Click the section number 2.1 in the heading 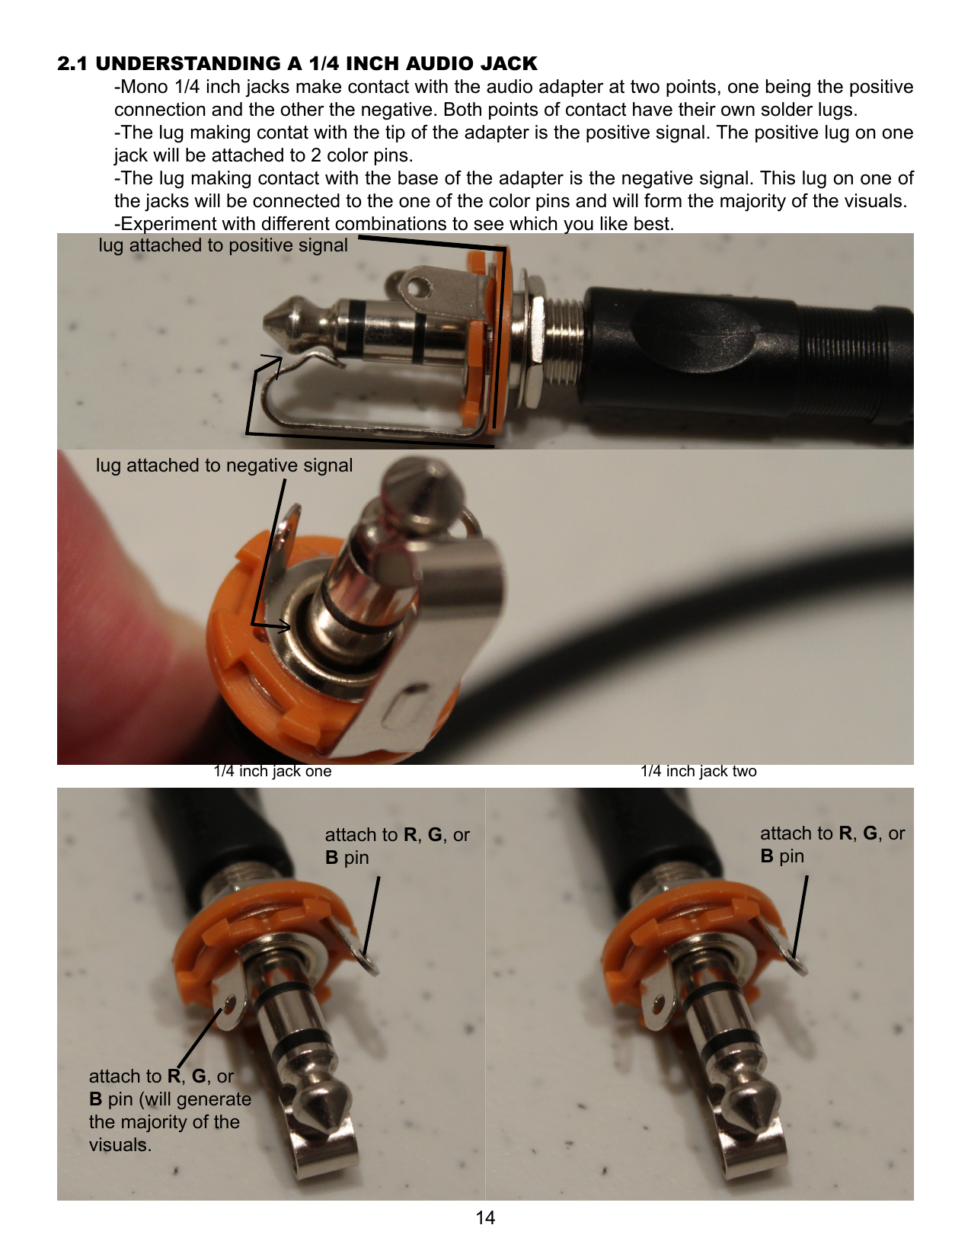point(72,63)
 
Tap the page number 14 point(485,1217)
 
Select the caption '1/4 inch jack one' point(273,771)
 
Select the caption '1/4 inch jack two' point(698,771)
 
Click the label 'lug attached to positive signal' point(223,245)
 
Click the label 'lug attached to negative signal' point(224,465)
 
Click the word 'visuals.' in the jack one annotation point(120,1145)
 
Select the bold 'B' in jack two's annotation point(767,856)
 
